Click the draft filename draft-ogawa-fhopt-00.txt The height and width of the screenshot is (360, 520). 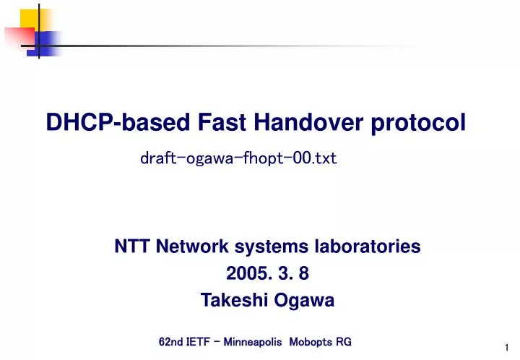(x=238, y=158)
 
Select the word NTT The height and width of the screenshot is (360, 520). (x=131, y=247)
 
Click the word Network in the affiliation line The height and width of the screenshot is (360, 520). (x=191, y=247)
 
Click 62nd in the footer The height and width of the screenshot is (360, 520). (x=170, y=341)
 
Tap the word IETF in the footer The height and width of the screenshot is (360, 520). (x=199, y=341)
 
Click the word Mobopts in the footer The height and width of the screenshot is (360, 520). (x=310, y=341)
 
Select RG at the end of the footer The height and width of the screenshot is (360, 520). (x=344, y=341)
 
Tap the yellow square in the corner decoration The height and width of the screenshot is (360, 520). (x=30, y=20)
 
